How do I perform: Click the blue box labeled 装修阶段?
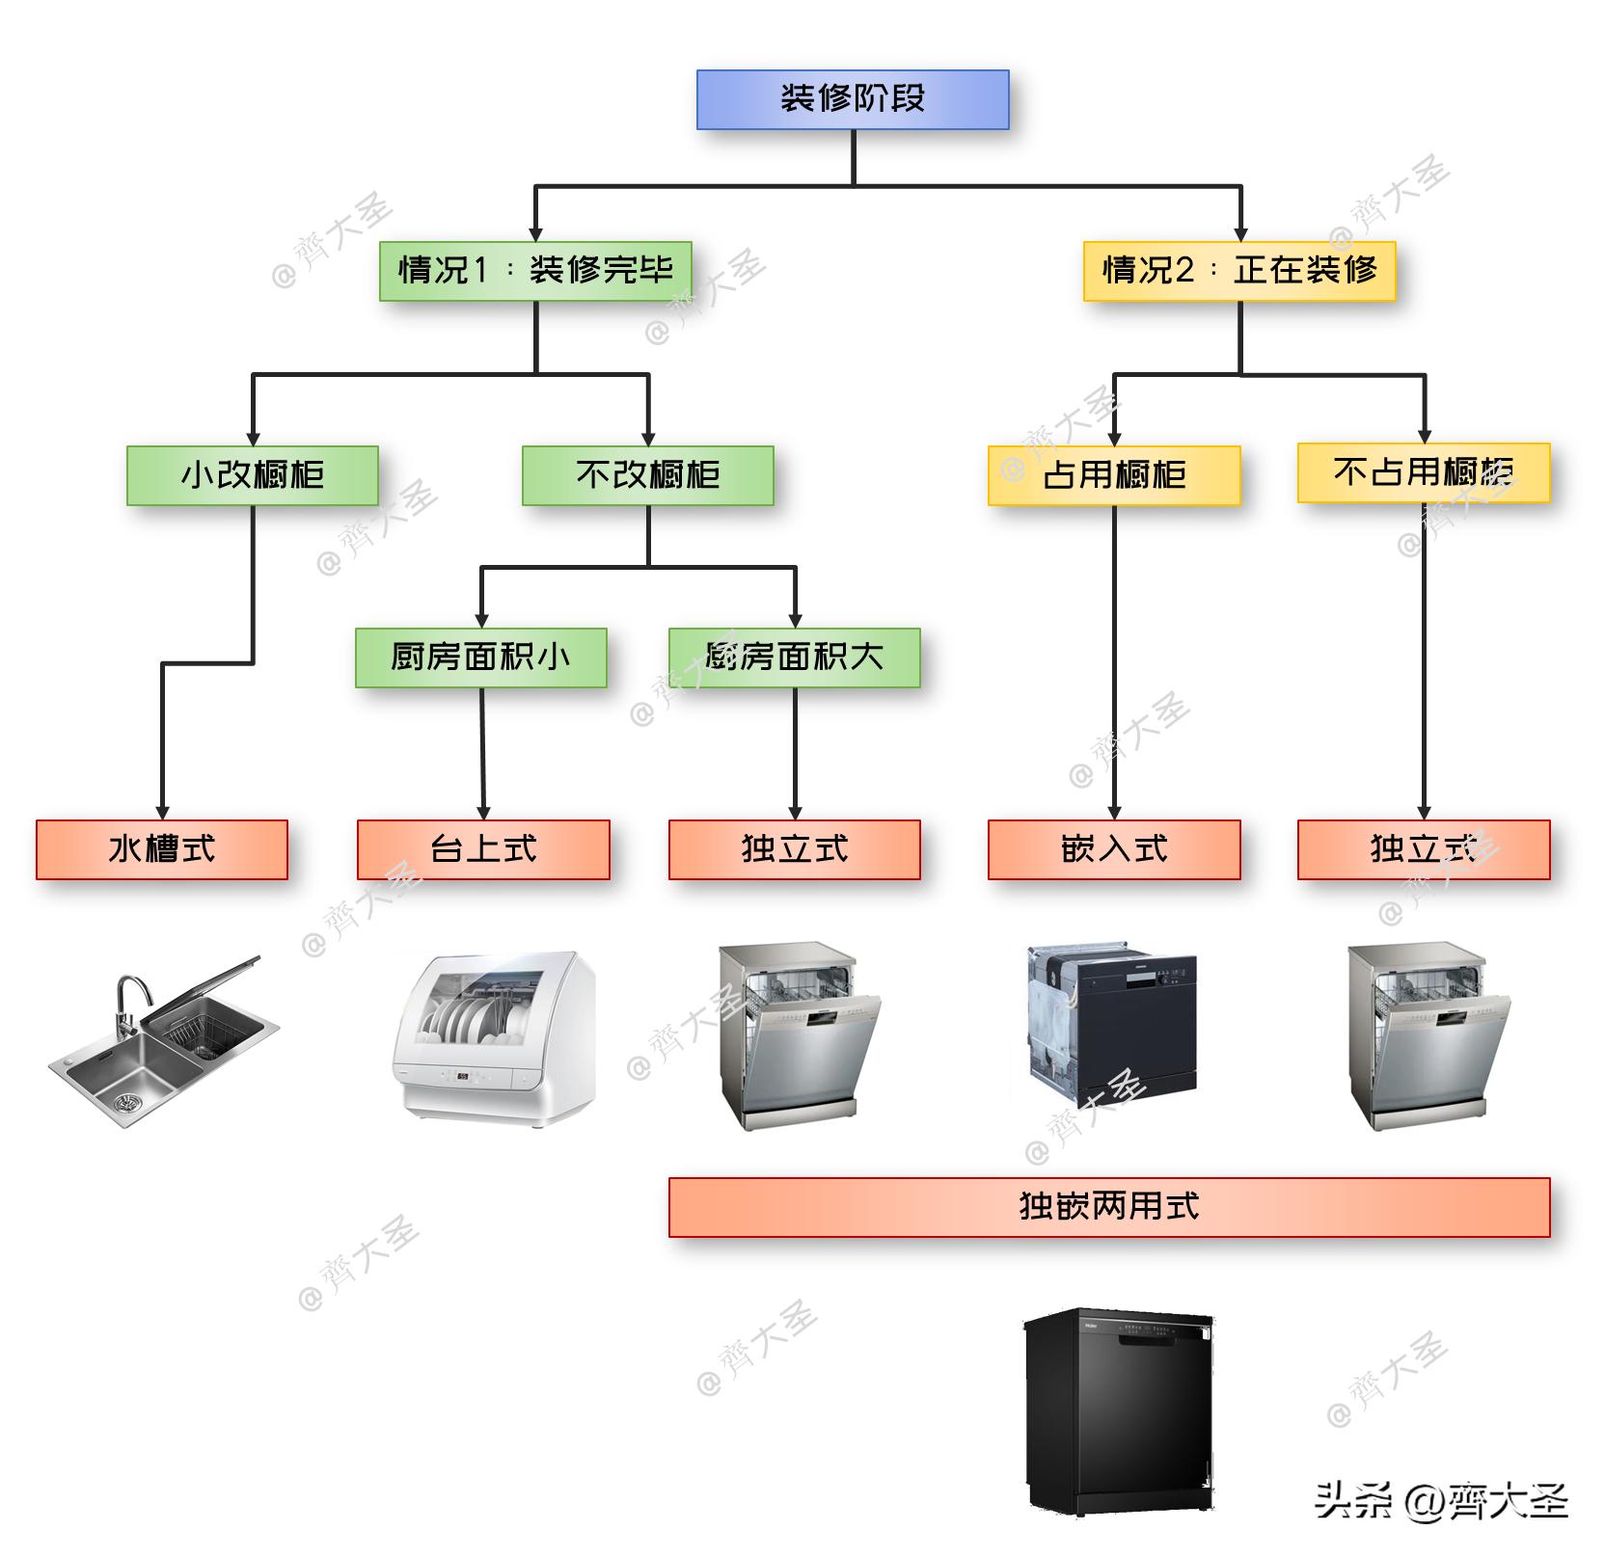853,99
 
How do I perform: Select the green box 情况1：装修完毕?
535,271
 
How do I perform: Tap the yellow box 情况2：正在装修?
1239,271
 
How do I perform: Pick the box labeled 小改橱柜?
253,475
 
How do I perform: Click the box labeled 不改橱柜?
647,475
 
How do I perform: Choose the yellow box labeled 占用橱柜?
1114,475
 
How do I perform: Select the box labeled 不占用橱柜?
1423,472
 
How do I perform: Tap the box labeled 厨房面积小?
480,658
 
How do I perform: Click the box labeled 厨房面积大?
794,658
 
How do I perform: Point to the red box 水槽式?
162,849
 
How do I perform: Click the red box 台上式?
483,849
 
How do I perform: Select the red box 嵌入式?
1114,849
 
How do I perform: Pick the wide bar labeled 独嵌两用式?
1109,1207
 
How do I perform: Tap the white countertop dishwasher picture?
494,1036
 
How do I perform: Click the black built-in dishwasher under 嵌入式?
1114,1027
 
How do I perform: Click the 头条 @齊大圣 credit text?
1441,1500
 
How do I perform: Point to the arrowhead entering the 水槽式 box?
162,813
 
